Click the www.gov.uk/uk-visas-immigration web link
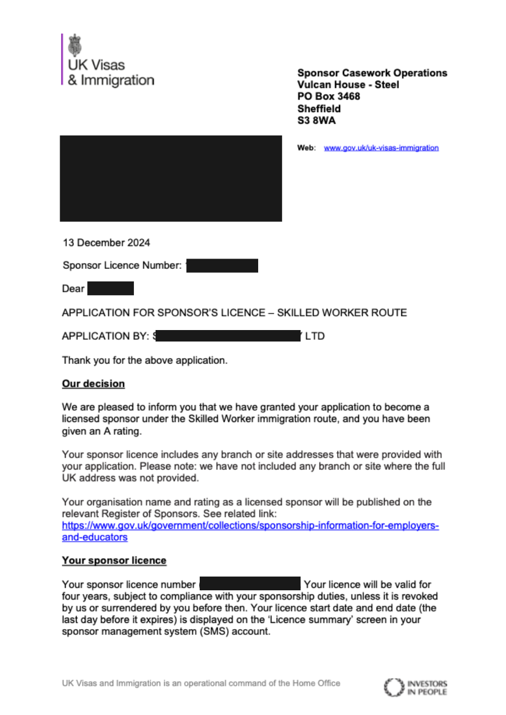(381, 148)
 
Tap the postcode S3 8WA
(317, 121)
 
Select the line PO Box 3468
(329, 97)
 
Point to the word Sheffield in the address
(319, 109)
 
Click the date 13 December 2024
(106, 243)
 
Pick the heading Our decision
(93, 383)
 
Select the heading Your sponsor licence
(114, 561)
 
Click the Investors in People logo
(416, 687)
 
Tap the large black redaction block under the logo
(171, 178)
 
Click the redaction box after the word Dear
(110, 288)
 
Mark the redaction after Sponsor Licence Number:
(222, 265)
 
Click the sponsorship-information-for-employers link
(250, 526)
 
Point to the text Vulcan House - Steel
(348, 85)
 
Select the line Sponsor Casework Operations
(372, 73)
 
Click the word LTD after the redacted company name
(315, 336)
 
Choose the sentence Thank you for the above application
(145, 360)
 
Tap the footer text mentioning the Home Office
(201, 683)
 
